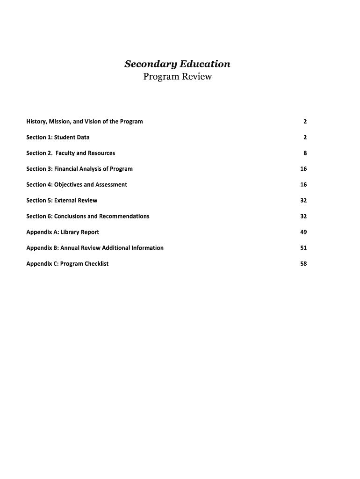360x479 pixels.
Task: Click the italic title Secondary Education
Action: coord(177,64)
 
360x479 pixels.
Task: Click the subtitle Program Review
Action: coord(177,76)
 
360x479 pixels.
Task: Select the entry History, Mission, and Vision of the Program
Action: coord(85,122)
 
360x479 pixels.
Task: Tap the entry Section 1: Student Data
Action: coord(58,138)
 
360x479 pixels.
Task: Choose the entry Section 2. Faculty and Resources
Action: coord(71,153)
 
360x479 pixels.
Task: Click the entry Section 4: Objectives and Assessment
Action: coord(77,184)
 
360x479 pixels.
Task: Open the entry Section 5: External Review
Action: coord(62,200)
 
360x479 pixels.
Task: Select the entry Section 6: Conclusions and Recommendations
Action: coord(88,216)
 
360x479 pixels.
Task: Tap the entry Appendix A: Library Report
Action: coord(63,232)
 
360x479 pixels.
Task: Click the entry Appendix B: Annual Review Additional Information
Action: coord(95,247)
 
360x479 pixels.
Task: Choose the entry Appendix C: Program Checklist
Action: coord(67,263)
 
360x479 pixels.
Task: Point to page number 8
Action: coord(305,153)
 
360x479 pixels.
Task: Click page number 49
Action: coord(303,232)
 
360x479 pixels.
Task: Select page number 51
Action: coord(303,247)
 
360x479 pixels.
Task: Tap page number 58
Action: coord(303,263)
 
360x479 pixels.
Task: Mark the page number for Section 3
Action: coord(303,169)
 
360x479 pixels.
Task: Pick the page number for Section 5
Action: coord(303,200)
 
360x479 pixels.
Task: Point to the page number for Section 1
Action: coord(305,138)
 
